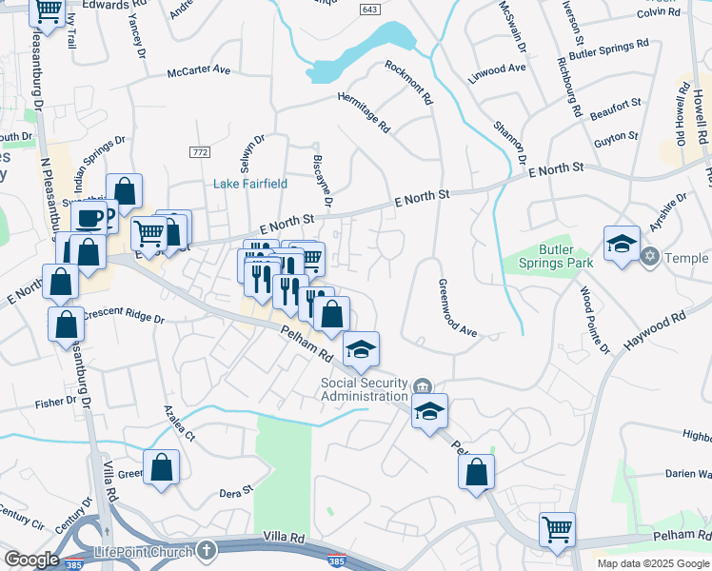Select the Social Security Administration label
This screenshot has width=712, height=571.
coord(364,389)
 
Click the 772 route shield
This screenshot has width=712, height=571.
coord(200,152)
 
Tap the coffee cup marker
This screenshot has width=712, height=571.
coord(89,218)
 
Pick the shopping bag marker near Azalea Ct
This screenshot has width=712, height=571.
coord(163,466)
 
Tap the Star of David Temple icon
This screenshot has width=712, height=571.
coord(652,257)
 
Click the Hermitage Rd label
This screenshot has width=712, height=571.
coord(365,111)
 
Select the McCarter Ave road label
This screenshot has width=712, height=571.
coord(199,71)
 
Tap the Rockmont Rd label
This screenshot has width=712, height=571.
coord(409,83)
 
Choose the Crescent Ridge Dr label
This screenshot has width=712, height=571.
coord(124,316)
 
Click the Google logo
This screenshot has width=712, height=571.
coord(31,560)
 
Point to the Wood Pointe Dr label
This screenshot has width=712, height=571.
coord(594,321)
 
